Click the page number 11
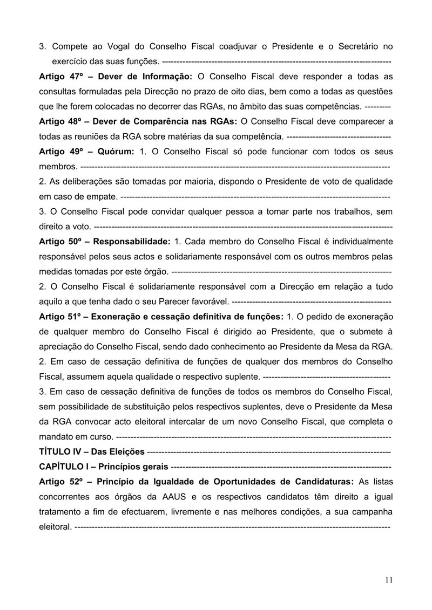click(x=389, y=580)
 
